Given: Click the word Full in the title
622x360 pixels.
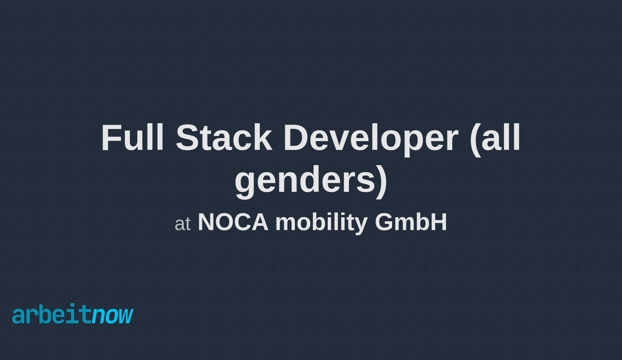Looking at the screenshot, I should tap(132, 138).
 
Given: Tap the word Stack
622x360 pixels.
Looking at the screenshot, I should tap(224, 138).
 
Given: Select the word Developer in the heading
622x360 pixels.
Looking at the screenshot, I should tap(370, 138).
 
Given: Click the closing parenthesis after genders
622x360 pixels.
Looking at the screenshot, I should tap(382, 181).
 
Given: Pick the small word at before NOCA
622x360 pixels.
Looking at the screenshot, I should tap(183, 224).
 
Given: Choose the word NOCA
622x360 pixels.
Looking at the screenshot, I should tap(233, 222).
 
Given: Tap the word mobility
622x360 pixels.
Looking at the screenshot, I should tap(321, 222).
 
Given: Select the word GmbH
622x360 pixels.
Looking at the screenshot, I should tap(411, 222).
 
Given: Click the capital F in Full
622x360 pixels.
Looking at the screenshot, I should tap(110, 138).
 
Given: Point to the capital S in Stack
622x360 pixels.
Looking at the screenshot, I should tap(185, 138).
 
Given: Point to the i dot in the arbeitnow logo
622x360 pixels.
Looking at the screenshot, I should tap(72, 305).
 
